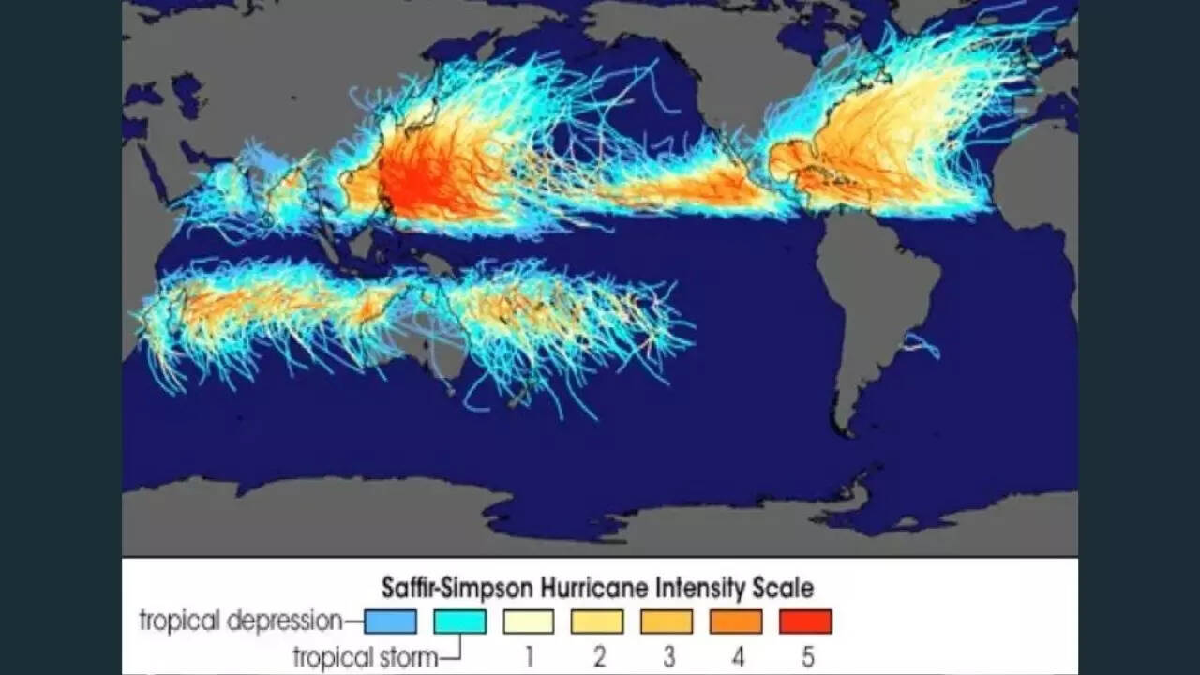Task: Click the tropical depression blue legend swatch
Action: click(x=390, y=622)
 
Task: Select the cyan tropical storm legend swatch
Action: click(x=459, y=622)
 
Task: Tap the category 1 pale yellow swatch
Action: click(x=529, y=622)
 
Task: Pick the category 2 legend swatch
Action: click(x=598, y=622)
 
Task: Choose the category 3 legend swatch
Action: click(x=667, y=622)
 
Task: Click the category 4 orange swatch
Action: click(x=736, y=622)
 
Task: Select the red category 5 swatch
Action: click(x=805, y=622)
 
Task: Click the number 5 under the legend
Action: click(x=807, y=656)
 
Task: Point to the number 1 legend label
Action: click(x=529, y=656)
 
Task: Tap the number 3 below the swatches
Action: click(x=667, y=656)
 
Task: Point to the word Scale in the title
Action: click(x=783, y=589)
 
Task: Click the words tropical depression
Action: click(x=241, y=621)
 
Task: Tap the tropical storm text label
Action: click(x=365, y=656)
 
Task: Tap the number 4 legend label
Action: click(x=738, y=656)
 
